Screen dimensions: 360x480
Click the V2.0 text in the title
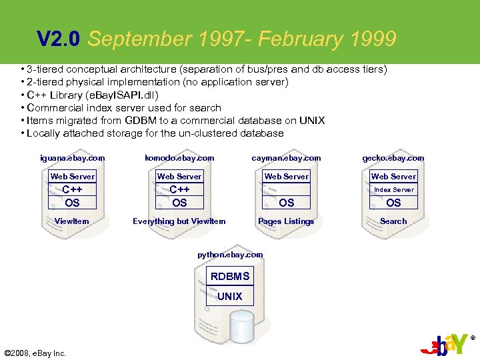pyautogui.click(x=59, y=40)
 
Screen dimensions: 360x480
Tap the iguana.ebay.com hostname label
pyautogui.click(x=73, y=158)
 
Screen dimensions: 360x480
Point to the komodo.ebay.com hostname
pyautogui.click(x=179, y=158)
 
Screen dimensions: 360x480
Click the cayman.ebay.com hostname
pyautogui.click(x=286, y=158)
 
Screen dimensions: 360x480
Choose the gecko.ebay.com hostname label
pyautogui.click(x=393, y=158)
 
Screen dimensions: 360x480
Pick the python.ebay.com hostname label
pyautogui.click(x=230, y=255)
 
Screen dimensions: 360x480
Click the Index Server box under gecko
pyautogui.click(x=393, y=189)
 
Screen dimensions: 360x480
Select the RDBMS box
pyautogui.click(x=230, y=276)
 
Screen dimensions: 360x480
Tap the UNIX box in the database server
pyautogui.click(x=230, y=296)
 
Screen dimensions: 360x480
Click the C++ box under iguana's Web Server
pyautogui.click(x=73, y=189)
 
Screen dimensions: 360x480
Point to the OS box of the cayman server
pyautogui.click(x=286, y=203)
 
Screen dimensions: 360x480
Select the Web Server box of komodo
pyautogui.click(x=179, y=177)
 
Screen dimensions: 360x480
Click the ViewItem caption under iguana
pyautogui.click(x=72, y=221)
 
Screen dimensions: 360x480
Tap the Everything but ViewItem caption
pyautogui.click(x=179, y=221)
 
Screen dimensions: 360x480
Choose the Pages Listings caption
pyautogui.click(x=286, y=221)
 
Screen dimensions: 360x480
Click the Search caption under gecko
pyautogui.click(x=393, y=221)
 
